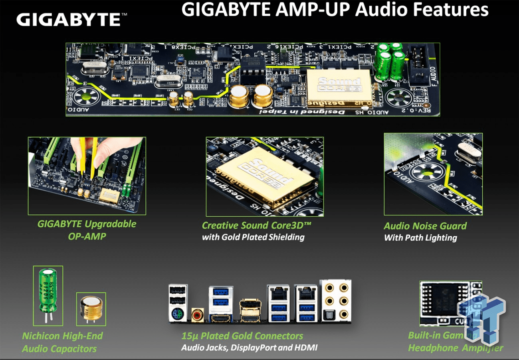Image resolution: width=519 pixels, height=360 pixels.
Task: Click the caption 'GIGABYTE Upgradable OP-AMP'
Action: tap(87, 230)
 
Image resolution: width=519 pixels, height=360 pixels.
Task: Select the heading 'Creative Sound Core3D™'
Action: tap(256, 225)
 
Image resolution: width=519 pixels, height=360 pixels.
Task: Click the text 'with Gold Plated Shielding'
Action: tap(253, 237)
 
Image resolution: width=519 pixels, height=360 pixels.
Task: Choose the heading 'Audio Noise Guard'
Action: tap(425, 226)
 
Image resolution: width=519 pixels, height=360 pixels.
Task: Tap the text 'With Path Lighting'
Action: tap(420, 238)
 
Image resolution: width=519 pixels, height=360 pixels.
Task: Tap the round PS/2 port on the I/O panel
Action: tap(177, 316)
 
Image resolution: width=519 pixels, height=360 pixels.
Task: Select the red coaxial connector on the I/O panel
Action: tap(197, 315)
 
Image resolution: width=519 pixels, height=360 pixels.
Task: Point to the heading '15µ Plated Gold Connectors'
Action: tap(242, 336)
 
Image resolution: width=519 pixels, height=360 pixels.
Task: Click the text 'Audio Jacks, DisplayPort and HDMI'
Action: tap(250, 348)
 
